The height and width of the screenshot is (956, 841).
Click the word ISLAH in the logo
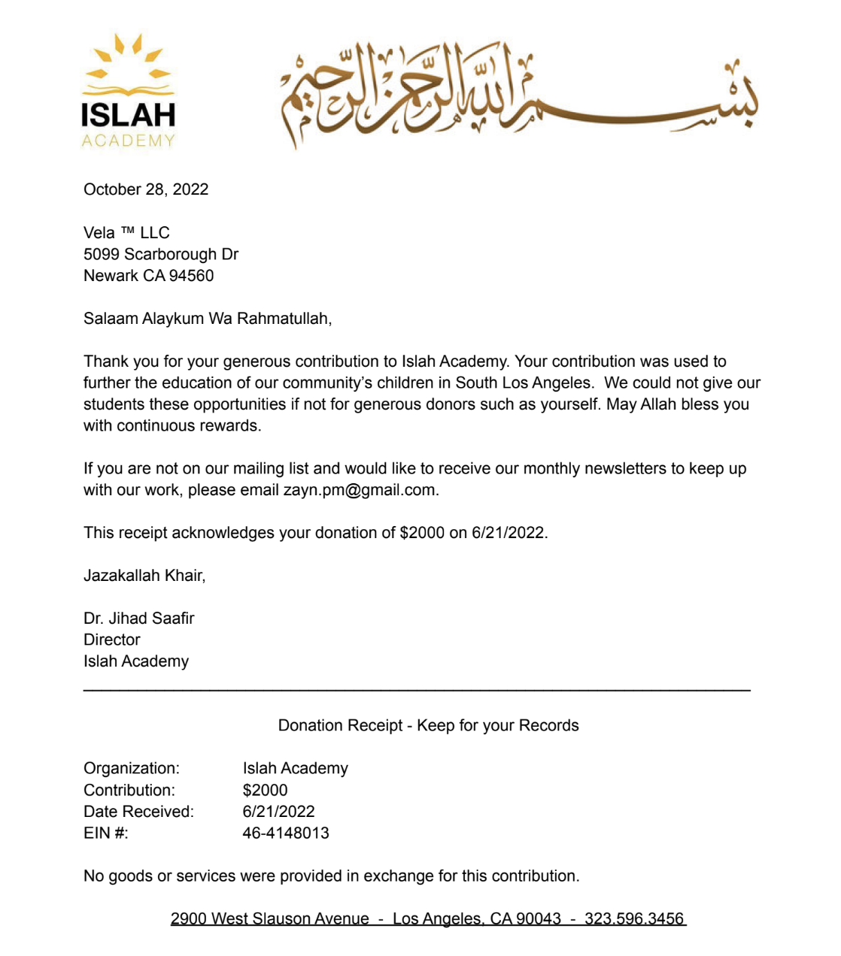pyautogui.click(x=128, y=115)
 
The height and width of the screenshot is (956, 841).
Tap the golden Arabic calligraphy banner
pyautogui.click(x=519, y=94)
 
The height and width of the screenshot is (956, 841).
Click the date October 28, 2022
pyautogui.click(x=146, y=189)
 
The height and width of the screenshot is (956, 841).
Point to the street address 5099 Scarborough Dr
pyautogui.click(x=161, y=254)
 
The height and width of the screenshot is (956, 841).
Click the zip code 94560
pyautogui.click(x=191, y=276)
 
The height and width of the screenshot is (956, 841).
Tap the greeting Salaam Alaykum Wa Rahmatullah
pyautogui.click(x=207, y=319)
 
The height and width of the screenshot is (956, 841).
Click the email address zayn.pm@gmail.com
pyautogui.click(x=360, y=490)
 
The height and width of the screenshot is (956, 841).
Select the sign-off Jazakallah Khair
pyautogui.click(x=144, y=576)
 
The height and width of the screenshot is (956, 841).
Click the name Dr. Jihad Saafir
pyautogui.click(x=139, y=619)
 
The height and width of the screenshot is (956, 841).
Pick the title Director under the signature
pyautogui.click(x=112, y=640)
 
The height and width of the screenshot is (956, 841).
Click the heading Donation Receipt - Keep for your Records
pyautogui.click(x=428, y=725)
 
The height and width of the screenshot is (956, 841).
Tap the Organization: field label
pyautogui.click(x=132, y=768)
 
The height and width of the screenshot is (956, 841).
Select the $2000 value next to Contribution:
pyautogui.click(x=265, y=790)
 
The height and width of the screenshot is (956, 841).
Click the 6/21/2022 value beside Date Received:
pyautogui.click(x=278, y=812)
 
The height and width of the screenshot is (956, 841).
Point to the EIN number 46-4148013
pyautogui.click(x=286, y=833)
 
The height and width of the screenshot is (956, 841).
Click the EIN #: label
pyautogui.click(x=106, y=833)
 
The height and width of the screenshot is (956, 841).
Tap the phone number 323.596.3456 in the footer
pyautogui.click(x=634, y=918)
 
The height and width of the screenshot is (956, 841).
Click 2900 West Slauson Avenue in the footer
pyautogui.click(x=269, y=918)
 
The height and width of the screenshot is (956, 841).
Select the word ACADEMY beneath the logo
pyautogui.click(x=128, y=141)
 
